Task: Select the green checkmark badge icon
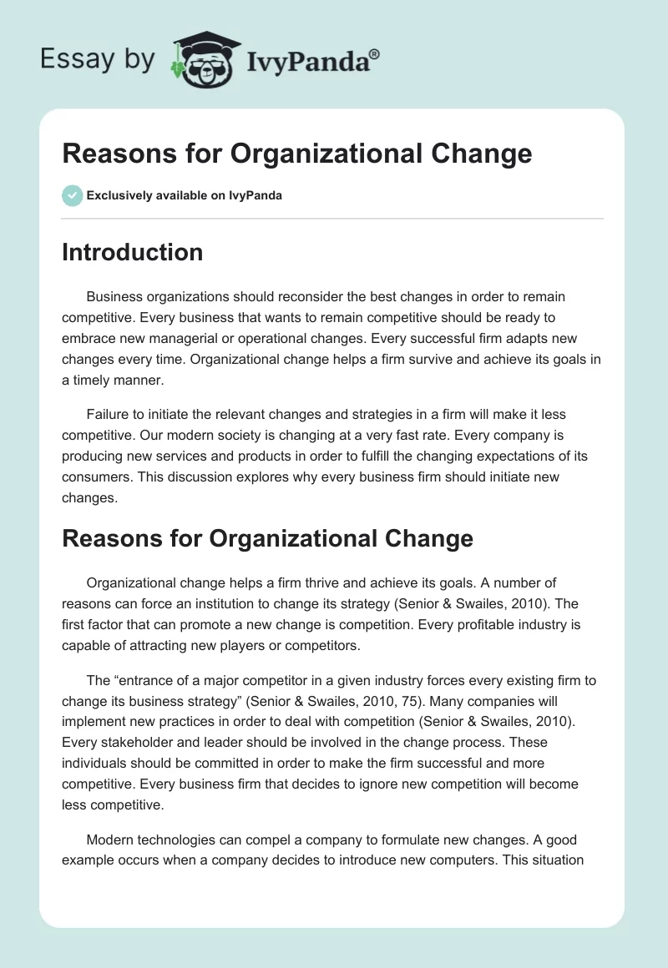[72, 195]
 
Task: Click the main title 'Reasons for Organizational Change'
[296, 154]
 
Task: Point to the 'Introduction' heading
[132, 252]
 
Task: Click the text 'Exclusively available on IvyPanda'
[185, 196]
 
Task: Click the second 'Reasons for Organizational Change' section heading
[267, 538]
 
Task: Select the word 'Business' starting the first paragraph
[114, 296]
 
